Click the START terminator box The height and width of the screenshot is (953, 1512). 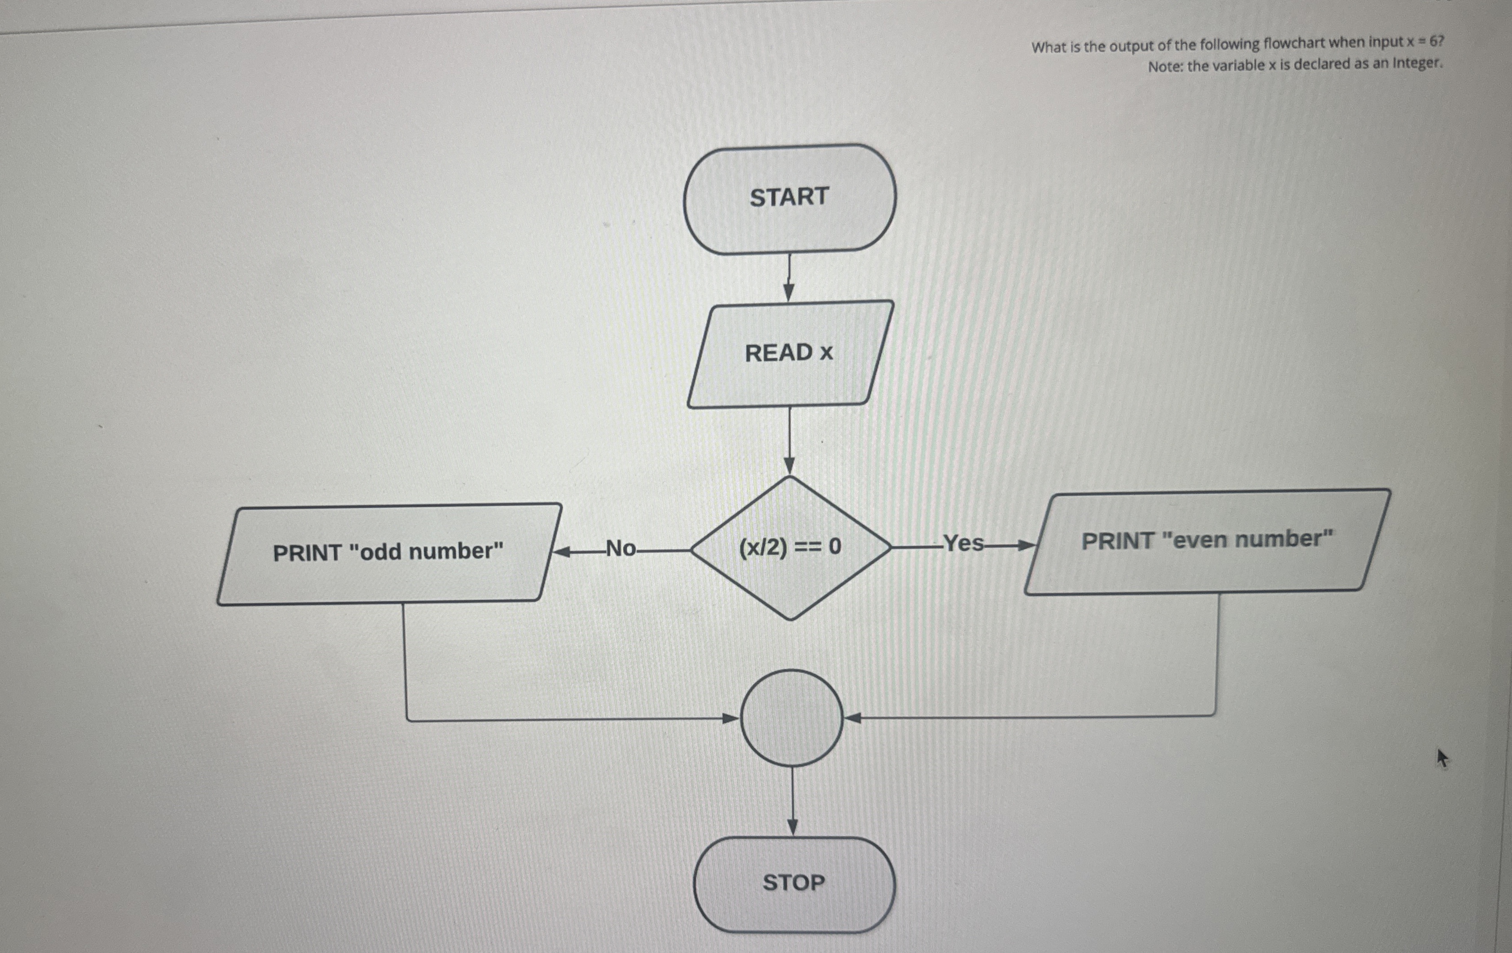789,199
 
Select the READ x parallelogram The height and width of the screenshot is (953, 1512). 789,354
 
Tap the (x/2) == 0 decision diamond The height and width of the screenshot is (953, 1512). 790,547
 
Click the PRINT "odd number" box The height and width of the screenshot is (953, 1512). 389,553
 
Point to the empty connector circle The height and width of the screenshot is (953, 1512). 791,718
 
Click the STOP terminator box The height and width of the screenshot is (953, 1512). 793,883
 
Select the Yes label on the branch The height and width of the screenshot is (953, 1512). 964,543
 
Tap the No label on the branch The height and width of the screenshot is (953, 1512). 620,549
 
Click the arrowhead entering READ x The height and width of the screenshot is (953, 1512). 789,293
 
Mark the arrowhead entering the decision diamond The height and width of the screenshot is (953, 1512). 790,466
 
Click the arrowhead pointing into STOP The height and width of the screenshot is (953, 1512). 793,827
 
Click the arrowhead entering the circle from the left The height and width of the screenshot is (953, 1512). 730,718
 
